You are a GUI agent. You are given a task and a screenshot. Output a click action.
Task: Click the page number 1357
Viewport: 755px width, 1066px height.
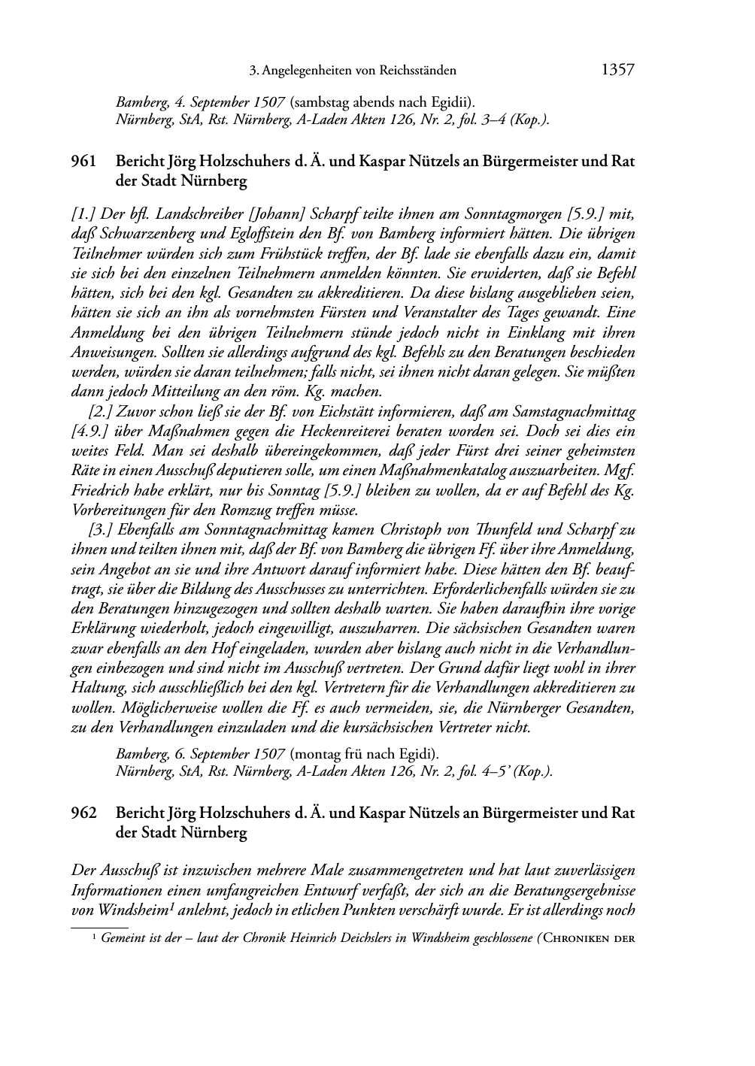tap(617, 71)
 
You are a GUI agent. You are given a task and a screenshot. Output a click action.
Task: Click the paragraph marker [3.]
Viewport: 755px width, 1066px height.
tap(101, 530)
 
